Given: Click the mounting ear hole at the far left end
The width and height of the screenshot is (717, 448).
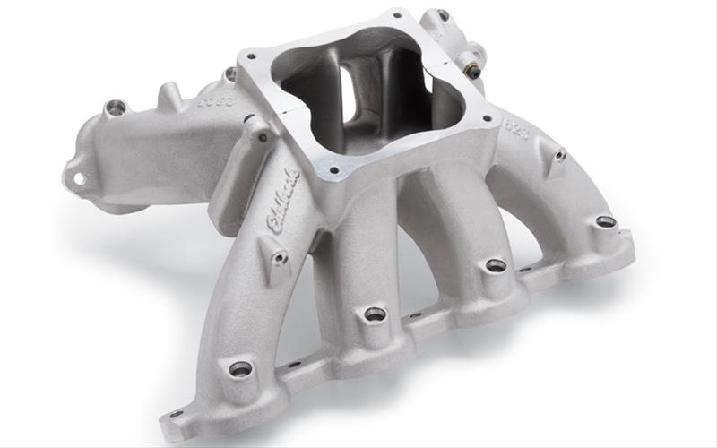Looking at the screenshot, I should click(x=79, y=178).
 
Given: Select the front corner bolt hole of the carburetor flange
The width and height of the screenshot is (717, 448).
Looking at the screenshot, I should click(x=333, y=168).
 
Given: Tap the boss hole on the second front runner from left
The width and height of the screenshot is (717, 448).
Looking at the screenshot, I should click(x=375, y=314).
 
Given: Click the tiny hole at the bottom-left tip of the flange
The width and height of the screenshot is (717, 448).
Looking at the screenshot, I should click(x=176, y=415).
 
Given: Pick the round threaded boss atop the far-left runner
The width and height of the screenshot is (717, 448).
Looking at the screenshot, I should click(x=115, y=108).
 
